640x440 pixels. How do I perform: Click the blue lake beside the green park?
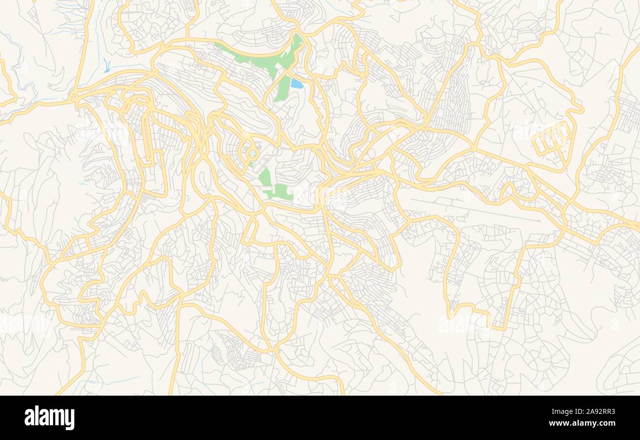[297, 83]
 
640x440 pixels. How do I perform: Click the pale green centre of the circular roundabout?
[253, 154]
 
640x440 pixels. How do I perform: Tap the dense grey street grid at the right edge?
[630, 113]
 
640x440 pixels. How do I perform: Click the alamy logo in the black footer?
[49, 418]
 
